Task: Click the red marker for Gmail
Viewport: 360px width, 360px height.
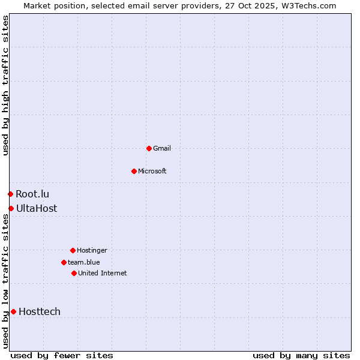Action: pyautogui.click(x=149, y=148)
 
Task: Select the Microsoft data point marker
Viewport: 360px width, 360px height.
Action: pyautogui.click(x=134, y=171)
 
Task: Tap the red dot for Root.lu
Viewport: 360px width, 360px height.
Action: pyautogui.click(x=10, y=194)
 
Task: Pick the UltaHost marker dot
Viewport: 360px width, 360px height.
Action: pyautogui.click(x=11, y=208)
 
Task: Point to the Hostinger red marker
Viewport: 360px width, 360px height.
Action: pyautogui.click(x=73, y=250)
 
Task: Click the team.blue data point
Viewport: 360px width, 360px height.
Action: pyautogui.click(x=64, y=262)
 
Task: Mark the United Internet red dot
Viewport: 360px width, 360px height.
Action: pyautogui.click(x=74, y=273)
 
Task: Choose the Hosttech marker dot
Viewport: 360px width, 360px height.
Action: pyautogui.click(x=13, y=311)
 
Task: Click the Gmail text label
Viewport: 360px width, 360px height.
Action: pyautogui.click(x=162, y=148)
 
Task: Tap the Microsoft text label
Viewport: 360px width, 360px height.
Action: pyautogui.click(x=152, y=171)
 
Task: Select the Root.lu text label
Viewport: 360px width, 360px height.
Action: pyautogui.click(x=32, y=194)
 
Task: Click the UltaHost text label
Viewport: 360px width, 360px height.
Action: pyautogui.click(x=37, y=208)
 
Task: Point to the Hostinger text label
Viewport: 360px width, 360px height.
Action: pyautogui.click(x=92, y=250)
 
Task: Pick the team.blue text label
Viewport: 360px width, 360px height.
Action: pyautogui.click(x=84, y=262)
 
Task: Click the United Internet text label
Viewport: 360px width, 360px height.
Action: pyautogui.click(x=103, y=273)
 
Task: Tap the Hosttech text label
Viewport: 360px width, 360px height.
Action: pyautogui.click(x=40, y=311)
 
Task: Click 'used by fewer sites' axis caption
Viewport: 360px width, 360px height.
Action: pyautogui.click(x=62, y=355)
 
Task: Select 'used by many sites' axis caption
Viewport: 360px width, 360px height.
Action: pyautogui.click(x=301, y=355)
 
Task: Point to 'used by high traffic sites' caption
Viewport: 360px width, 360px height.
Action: pyautogui.click(x=5, y=86)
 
